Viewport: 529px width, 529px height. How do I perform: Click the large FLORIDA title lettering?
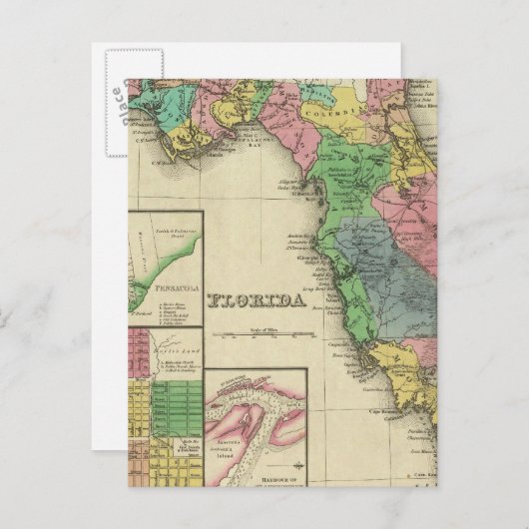[x=257, y=299]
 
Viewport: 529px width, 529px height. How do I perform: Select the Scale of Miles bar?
[x=265, y=332]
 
